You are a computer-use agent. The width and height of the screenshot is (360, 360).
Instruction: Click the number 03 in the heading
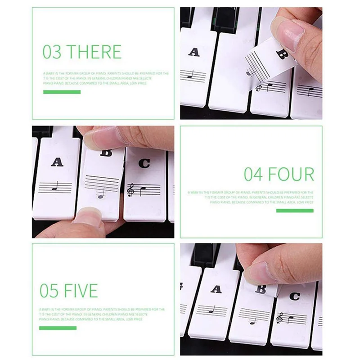point(52,52)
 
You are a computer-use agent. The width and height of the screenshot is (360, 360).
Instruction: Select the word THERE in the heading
point(94,52)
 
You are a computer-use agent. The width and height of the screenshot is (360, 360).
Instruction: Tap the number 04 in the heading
point(253,174)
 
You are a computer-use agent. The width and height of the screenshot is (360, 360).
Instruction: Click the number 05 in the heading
point(50,291)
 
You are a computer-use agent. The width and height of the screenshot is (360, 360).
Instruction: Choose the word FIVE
point(81,291)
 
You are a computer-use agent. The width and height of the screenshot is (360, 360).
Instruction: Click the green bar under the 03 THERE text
point(62,92)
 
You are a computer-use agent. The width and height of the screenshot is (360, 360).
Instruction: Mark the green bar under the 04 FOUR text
point(295,211)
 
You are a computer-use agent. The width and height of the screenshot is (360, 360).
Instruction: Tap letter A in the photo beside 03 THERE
point(194,52)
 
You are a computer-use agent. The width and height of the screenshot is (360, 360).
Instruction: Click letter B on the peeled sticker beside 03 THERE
point(282,55)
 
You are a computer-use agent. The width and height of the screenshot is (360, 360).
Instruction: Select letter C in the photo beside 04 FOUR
point(144,163)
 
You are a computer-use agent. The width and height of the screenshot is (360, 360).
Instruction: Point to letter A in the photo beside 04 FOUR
point(57,162)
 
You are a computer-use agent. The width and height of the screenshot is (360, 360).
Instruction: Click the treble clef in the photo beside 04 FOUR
point(131,189)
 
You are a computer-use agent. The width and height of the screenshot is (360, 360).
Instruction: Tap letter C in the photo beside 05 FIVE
point(294,297)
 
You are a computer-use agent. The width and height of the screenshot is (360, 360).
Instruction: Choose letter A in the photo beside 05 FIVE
point(216,289)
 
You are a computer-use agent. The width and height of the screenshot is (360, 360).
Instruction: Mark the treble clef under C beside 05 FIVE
point(280,318)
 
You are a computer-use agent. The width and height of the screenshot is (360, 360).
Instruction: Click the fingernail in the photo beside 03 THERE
point(288,31)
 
